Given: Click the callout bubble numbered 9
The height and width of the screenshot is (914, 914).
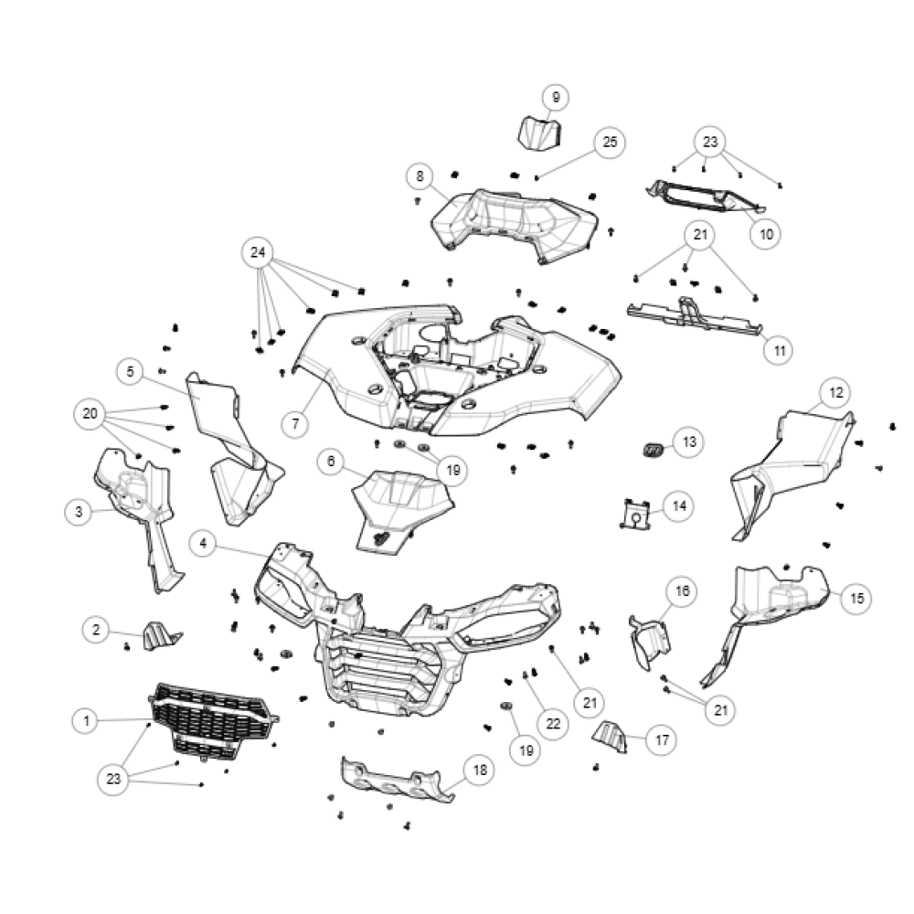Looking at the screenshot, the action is coord(556,98).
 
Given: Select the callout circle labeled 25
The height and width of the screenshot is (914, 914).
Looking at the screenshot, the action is coord(610,143).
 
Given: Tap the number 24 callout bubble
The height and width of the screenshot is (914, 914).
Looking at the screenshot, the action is coord(258,252).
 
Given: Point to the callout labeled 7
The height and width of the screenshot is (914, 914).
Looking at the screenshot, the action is coord(295,423).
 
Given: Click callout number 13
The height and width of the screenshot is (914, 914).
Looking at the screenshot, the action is coord(689,442).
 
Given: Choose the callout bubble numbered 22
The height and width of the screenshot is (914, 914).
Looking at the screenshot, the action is coord(553,724).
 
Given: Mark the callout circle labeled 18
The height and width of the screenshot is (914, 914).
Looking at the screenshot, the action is coord(480,771).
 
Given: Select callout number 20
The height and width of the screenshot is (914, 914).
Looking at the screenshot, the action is coord(90,414).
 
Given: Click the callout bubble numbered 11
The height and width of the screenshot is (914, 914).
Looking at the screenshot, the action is coord(780,351).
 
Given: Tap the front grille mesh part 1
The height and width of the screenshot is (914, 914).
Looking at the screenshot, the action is coord(213,722).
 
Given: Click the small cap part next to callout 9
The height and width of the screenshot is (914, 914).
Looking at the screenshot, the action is coord(539,133).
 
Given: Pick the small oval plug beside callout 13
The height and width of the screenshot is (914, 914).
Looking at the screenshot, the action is coord(654,450).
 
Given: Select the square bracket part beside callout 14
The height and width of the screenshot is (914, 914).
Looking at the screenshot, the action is coord(635,515).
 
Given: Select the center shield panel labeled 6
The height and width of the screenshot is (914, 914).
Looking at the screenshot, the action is coord(401,507).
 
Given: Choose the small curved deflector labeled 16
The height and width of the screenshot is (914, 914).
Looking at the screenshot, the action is coord(650,643).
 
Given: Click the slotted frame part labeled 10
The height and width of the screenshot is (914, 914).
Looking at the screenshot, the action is coord(706,197).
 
